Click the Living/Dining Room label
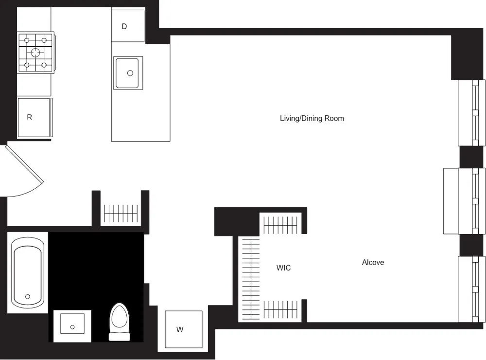(312, 118)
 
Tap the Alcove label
(373, 262)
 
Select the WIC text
(283, 268)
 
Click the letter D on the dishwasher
(124, 26)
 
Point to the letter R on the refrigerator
(30, 117)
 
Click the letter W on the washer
(180, 330)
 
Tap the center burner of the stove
(35, 53)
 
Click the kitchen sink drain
(130, 73)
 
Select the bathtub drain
(28, 296)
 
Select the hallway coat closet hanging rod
(121, 213)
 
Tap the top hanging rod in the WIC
(280, 225)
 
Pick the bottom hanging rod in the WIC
(280, 309)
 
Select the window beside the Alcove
(471, 289)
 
